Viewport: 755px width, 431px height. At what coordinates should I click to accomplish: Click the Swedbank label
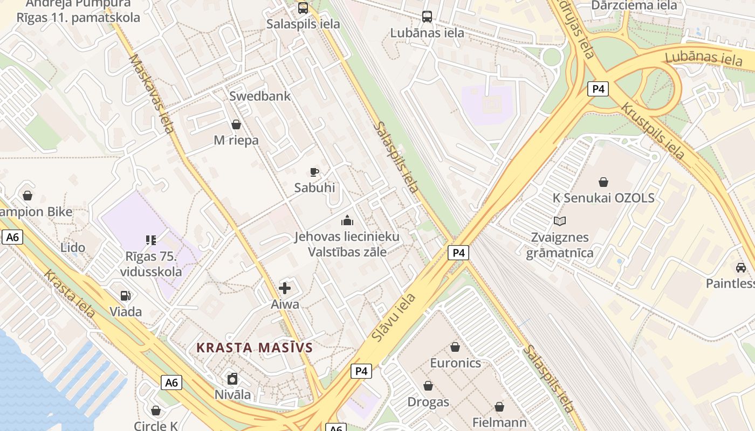click(260, 96)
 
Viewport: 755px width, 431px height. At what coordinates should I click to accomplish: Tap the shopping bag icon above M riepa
click(236, 125)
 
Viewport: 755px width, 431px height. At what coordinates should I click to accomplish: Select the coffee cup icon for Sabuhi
click(314, 172)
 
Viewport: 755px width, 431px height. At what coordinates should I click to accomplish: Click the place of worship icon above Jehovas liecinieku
click(347, 220)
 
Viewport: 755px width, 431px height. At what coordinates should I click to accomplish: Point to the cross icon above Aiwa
click(285, 288)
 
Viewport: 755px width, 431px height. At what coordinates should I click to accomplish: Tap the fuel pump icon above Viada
click(126, 296)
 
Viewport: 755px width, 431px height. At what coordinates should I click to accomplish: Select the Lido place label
click(73, 248)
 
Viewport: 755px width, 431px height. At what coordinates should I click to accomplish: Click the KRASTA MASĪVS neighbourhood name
click(255, 347)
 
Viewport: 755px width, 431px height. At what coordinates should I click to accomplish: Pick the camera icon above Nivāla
click(232, 379)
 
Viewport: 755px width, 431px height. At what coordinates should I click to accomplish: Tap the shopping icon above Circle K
click(156, 411)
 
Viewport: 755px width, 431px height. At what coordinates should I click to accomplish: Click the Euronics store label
click(455, 363)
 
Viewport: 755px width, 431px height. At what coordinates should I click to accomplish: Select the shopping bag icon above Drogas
click(428, 386)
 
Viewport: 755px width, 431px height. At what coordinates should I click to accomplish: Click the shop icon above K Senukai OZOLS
click(603, 183)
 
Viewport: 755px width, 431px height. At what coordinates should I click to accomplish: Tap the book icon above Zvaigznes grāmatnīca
click(560, 221)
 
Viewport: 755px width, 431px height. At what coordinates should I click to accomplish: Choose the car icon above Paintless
click(741, 268)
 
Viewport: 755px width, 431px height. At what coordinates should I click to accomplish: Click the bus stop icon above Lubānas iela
click(427, 17)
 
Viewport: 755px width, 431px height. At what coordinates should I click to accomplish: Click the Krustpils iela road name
click(653, 131)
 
